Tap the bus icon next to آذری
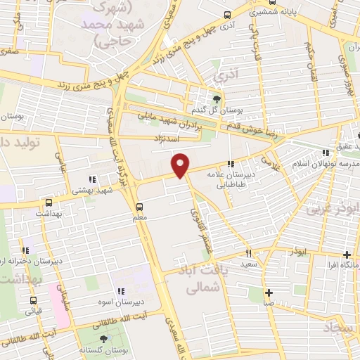(226, 15)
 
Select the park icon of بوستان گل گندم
(217, 99)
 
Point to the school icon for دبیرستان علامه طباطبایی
(231, 165)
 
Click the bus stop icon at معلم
(139, 207)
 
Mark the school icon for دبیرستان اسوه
(121, 291)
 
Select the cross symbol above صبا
(269, 292)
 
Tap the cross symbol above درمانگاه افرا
(346, 255)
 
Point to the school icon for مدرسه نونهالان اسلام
(325, 152)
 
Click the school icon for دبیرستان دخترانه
(27, 250)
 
